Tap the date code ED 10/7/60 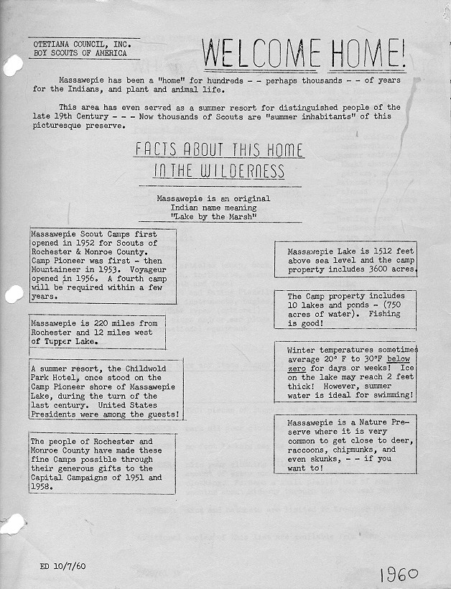(64, 566)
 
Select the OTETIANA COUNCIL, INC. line (80, 45)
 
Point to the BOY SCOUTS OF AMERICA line (80, 53)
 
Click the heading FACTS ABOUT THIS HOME (219, 150)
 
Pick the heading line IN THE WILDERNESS (219, 172)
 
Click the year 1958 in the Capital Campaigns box (43, 486)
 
